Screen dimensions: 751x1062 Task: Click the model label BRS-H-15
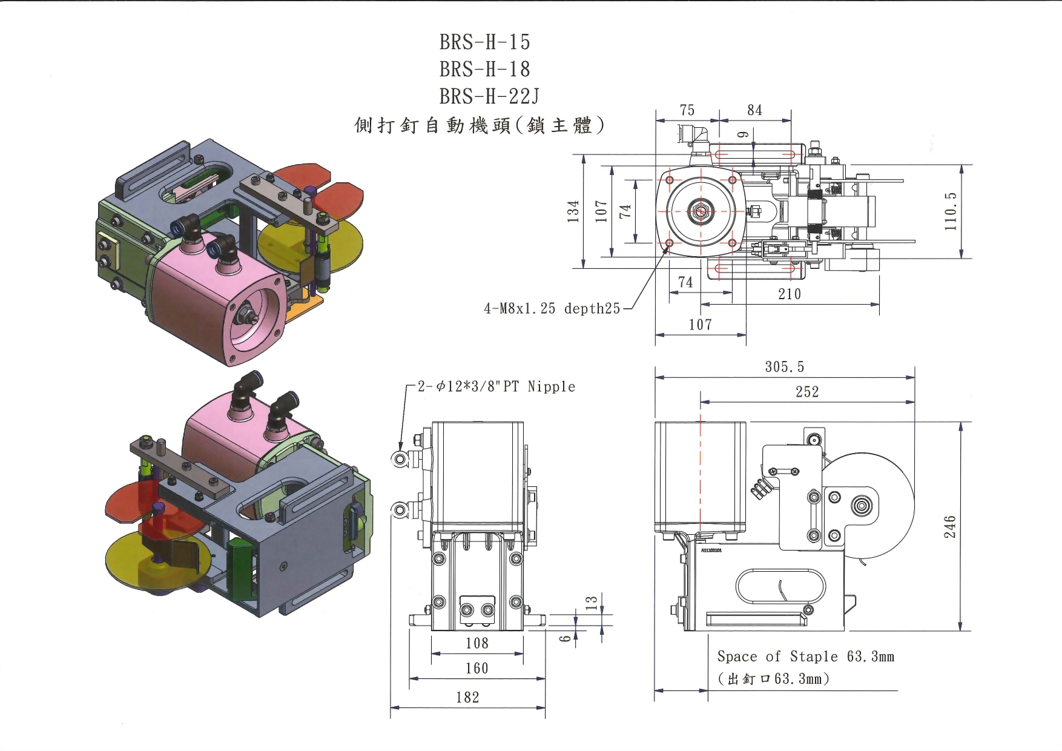click(x=484, y=42)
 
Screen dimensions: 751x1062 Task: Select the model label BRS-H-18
click(x=484, y=69)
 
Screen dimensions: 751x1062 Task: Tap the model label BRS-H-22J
click(x=489, y=96)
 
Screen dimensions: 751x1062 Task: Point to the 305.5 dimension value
click(x=784, y=367)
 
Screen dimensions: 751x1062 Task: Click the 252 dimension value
click(x=807, y=392)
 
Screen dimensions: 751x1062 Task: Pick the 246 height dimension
click(x=950, y=526)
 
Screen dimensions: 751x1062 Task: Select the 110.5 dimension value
click(x=951, y=211)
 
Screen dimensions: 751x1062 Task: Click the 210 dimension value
click(x=790, y=294)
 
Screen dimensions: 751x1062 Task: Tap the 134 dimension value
click(x=573, y=211)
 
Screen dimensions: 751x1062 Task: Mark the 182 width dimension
click(x=467, y=698)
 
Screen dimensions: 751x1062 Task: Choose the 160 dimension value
click(x=477, y=669)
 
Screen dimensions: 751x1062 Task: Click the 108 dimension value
click(x=477, y=643)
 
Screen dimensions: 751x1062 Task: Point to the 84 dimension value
click(x=754, y=110)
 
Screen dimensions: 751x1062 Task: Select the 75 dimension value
click(x=687, y=110)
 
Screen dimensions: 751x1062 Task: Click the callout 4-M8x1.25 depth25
click(x=552, y=309)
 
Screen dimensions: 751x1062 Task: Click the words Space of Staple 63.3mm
click(x=805, y=657)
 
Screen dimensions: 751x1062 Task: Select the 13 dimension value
click(x=592, y=602)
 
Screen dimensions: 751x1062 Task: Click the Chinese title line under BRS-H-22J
click(x=479, y=125)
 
